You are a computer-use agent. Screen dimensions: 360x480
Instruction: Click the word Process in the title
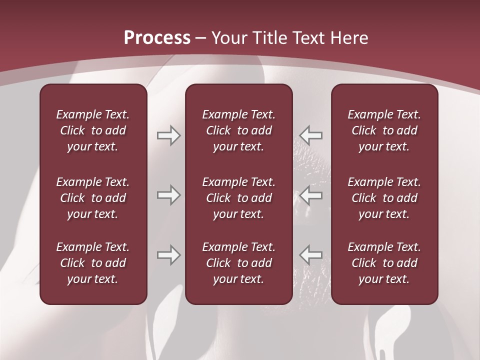(157, 38)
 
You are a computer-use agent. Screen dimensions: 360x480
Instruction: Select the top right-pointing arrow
(168, 135)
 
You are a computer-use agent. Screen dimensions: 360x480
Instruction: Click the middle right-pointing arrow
(168, 195)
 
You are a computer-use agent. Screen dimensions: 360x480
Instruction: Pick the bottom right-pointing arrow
(168, 255)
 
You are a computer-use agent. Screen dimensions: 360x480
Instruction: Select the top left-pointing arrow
(311, 135)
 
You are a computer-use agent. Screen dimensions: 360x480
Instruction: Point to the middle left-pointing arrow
(311, 195)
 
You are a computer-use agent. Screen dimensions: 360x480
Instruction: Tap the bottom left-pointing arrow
(311, 255)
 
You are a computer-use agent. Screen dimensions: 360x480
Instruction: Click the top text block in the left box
(93, 130)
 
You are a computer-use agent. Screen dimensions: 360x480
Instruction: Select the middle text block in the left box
(93, 198)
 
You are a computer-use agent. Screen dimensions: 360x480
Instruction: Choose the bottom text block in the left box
(93, 263)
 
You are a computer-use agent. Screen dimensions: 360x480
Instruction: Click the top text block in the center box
(239, 130)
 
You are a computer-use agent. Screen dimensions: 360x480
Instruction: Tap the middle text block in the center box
(239, 198)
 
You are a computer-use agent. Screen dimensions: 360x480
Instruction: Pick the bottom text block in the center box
(239, 263)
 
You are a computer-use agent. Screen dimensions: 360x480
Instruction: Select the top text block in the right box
(384, 130)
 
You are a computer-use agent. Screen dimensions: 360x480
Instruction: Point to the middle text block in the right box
(384, 198)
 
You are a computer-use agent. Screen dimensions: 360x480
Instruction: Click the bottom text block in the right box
(384, 263)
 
